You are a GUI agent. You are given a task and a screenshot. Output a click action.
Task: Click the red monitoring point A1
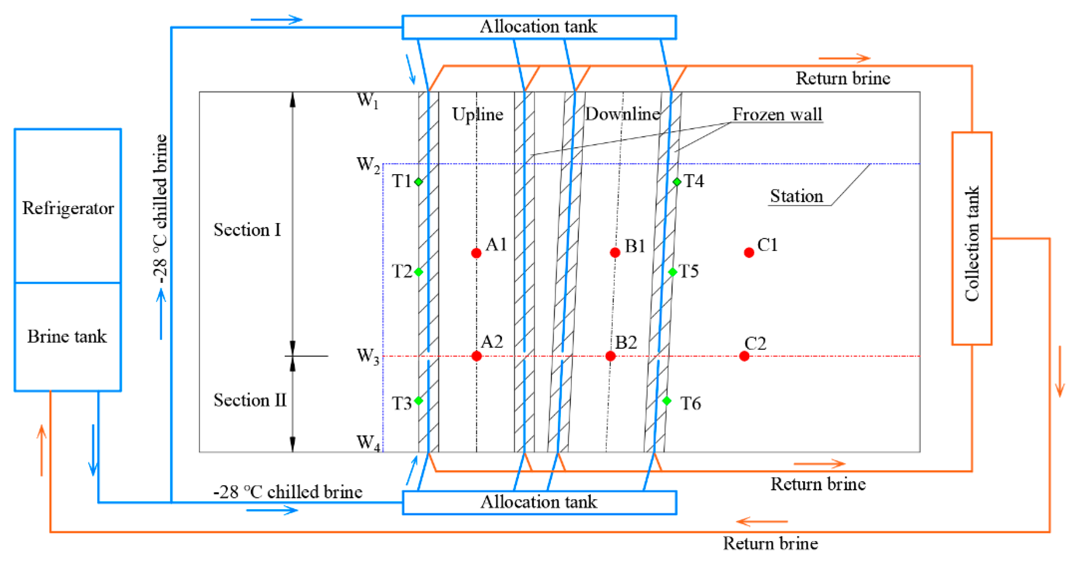click(476, 253)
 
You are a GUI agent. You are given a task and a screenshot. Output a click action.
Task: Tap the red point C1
click(749, 252)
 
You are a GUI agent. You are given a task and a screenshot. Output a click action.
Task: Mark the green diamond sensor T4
click(677, 181)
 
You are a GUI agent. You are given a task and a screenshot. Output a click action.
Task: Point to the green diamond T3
click(418, 400)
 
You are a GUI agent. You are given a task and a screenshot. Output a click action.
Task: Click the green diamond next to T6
click(667, 400)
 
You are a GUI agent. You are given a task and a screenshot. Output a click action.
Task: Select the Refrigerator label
click(68, 208)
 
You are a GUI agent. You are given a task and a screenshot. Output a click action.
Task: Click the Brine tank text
click(67, 337)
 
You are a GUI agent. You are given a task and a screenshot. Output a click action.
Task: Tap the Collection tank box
click(972, 238)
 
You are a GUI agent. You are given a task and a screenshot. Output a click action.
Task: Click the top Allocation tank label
click(538, 27)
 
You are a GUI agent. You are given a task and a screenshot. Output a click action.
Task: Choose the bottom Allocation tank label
click(538, 502)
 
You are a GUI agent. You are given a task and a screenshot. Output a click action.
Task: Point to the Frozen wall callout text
click(777, 114)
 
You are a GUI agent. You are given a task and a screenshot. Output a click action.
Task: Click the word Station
click(796, 196)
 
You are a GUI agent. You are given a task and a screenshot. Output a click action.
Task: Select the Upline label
click(477, 114)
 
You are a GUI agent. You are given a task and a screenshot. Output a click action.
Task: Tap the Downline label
click(622, 114)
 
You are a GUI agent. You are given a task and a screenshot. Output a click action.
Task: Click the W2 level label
click(367, 165)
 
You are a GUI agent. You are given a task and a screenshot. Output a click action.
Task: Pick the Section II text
click(250, 400)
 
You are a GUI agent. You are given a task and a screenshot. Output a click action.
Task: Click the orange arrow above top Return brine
click(844, 58)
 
